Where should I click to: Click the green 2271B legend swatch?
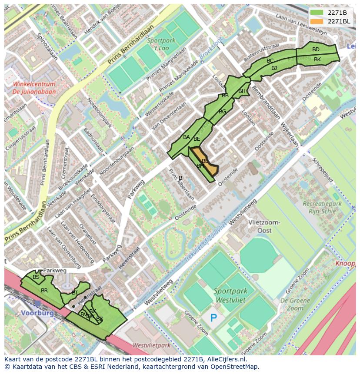tap(317, 12)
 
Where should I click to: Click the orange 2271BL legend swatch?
tap(317, 21)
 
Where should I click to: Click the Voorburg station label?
tap(37, 313)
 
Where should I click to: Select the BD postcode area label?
tap(316, 50)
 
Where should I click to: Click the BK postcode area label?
tap(317, 60)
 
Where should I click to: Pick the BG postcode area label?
tap(222, 112)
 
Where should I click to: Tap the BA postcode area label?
tap(187, 137)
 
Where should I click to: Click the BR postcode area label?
tap(44, 290)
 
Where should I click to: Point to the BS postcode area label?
tap(36, 277)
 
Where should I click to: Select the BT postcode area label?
tap(75, 293)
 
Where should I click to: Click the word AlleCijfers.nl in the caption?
tap(226, 360)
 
